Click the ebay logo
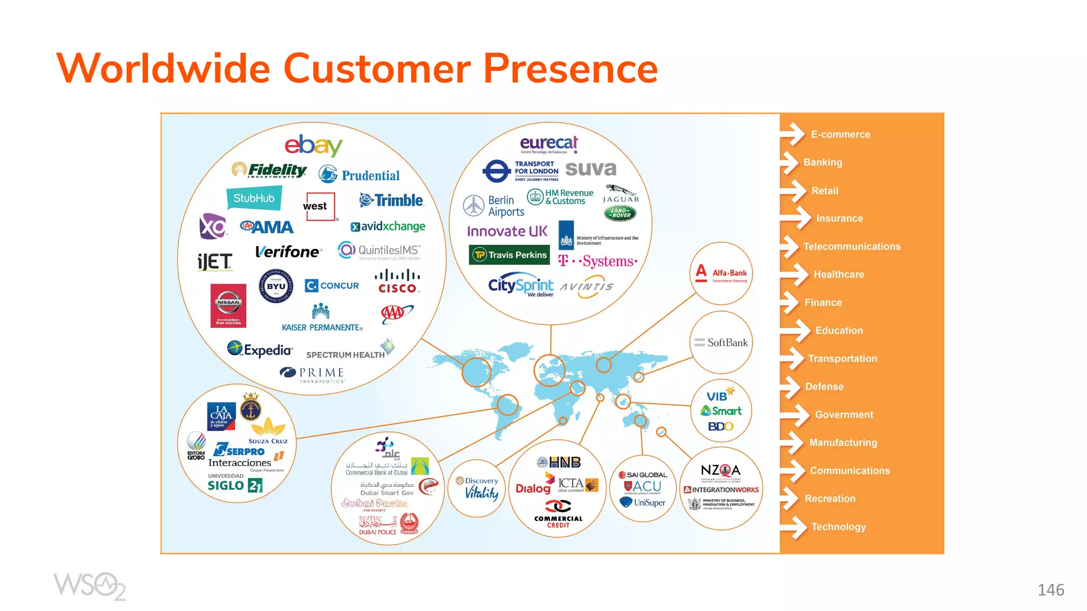click(x=313, y=145)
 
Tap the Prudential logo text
click(x=370, y=176)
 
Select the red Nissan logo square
click(x=228, y=305)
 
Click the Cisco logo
click(x=398, y=282)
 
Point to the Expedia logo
click(x=260, y=350)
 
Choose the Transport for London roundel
click(x=496, y=171)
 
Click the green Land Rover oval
click(x=620, y=213)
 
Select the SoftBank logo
click(x=721, y=343)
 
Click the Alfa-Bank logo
click(x=721, y=274)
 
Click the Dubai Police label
click(x=377, y=532)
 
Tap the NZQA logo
click(x=720, y=470)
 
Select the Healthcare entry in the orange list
click(x=839, y=275)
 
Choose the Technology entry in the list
click(x=838, y=527)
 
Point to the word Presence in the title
click(x=570, y=69)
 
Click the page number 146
click(x=1050, y=590)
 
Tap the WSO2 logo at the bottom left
click(x=89, y=586)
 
